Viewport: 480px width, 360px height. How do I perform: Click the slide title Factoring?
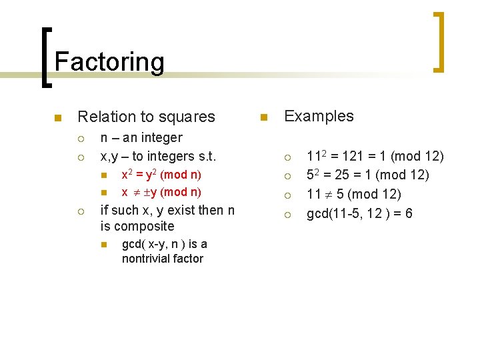tap(109, 62)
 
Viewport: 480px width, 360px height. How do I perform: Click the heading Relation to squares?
tap(146, 117)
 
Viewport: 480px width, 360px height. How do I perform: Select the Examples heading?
tap(319, 116)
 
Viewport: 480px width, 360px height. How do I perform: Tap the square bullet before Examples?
tap(263, 118)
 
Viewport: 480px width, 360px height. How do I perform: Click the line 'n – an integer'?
tap(141, 138)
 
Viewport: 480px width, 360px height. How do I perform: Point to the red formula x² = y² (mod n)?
tap(161, 175)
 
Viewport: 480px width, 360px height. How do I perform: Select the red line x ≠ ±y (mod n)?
tap(161, 192)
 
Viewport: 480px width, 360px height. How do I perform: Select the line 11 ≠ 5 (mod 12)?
tap(353, 195)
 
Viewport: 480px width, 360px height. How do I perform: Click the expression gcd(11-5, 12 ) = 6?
tap(359, 214)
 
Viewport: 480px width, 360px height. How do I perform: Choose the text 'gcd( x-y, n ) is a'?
tap(164, 244)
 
